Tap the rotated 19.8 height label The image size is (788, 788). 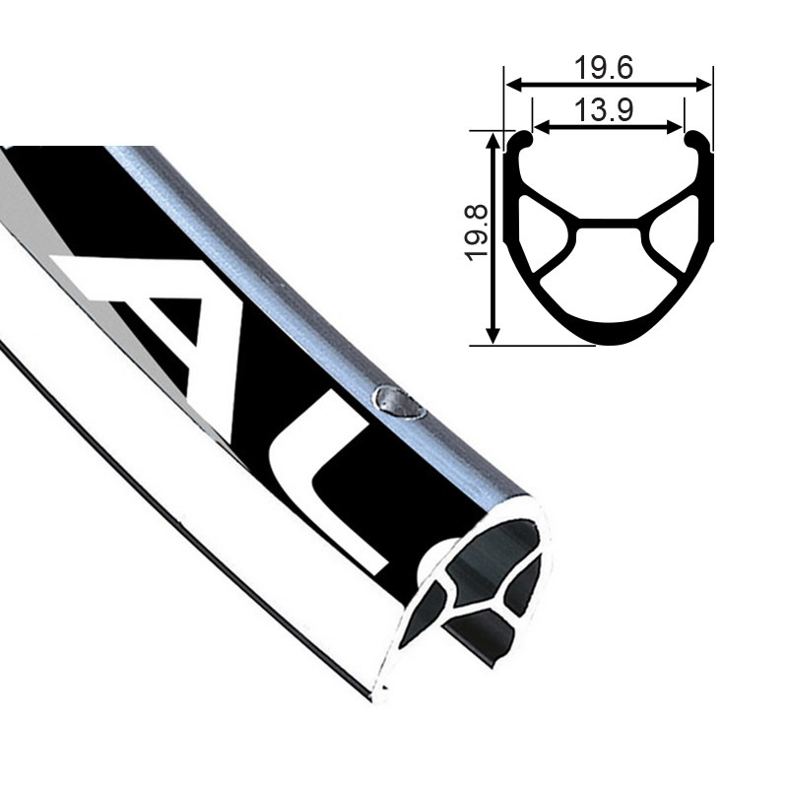click(480, 232)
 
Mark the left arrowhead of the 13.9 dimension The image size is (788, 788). click(540, 126)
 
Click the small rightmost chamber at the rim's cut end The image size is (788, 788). click(526, 591)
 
